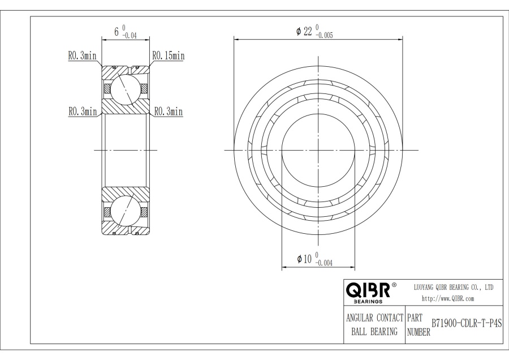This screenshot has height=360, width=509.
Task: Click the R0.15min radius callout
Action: [169, 55]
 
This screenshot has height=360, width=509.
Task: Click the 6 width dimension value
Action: [117, 32]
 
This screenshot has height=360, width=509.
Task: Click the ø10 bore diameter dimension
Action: [304, 259]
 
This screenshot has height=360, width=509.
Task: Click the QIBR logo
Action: [368, 292]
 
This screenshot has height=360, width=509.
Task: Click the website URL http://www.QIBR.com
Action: [448, 298]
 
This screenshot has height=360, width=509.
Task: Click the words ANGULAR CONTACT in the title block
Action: [374, 319]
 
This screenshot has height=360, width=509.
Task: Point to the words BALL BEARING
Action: [374, 331]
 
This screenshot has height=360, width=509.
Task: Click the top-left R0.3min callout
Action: [83, 55]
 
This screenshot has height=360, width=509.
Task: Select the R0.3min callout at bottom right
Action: [168, 112]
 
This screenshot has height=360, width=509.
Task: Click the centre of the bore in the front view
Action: [318, 150]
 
